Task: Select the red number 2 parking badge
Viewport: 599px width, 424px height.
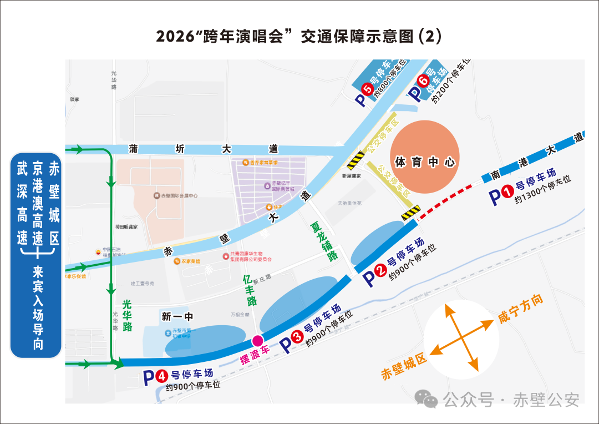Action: [x=380, y=271]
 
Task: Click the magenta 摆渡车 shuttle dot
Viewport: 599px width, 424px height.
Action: [x=257, y=341]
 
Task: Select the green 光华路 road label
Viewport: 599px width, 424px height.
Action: [x=127, y=315]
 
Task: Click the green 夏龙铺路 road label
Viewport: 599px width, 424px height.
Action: [x=324, y=241]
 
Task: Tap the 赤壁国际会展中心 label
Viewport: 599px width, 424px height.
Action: [x=178, y=196]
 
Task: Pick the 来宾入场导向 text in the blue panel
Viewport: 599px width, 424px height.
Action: [x=38, y=308]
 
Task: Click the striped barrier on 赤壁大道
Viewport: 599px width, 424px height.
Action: [x=356, y=160]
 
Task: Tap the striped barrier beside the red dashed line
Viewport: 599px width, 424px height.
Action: [x=411, y=213]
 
